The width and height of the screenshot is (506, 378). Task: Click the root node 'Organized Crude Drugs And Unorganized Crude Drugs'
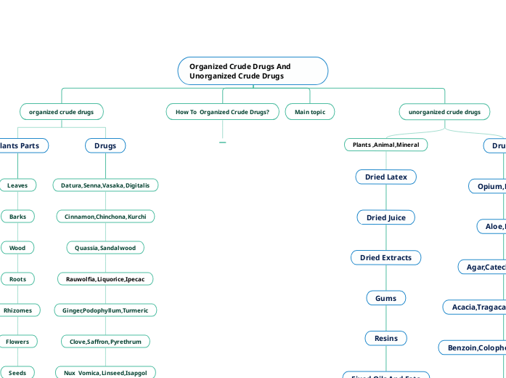(x=253, y=71)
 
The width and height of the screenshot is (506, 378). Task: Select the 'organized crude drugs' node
(x=61, y=112)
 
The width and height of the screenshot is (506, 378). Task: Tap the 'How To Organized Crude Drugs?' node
(x=222, y=112)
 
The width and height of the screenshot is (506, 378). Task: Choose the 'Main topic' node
(x=310, y=112)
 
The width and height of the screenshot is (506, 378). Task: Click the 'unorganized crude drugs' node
(x=444, y=112)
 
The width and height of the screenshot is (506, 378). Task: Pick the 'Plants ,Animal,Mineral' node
(x=385, y=145)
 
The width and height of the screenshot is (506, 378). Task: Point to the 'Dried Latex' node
(x=385, y=177)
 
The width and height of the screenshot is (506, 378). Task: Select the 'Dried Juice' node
(x=385, y=217)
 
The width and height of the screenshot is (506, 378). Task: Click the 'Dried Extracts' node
(x=385, y=257)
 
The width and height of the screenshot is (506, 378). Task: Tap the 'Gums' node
(x=385, y=298)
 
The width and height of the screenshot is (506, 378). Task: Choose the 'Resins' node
(x=385, y=338)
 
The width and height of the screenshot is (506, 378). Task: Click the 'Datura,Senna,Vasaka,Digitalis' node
(x=105, y=185)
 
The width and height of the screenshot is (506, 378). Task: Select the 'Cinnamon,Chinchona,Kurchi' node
(x=105, y=217)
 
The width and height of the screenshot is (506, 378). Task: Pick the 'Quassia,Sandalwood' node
(x=105, y=248)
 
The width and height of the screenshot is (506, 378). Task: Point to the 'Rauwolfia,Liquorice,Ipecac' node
(x=105, y=278)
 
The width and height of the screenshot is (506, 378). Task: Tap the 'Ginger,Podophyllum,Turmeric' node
(x=105, y=310)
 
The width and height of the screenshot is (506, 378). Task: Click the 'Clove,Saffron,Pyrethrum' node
(x=105, y=341)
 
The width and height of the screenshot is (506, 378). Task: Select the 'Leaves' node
(x=17, y=185)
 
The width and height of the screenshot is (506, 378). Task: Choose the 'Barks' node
(x=17, y=217)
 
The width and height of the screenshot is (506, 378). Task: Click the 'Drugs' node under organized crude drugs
(x=105, y=146)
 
